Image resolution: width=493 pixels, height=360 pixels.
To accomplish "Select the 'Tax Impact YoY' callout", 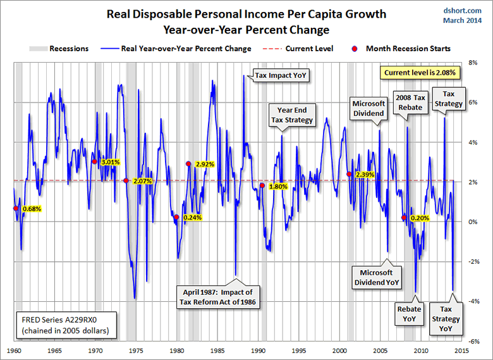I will [x=283, y=75].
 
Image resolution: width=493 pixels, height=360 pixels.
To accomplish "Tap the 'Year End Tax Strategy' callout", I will [x=292, y=115].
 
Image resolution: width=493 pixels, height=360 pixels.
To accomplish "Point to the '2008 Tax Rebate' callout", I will [x=411, y=102].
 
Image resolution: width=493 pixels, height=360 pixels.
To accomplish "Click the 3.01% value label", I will [x=111, y=162].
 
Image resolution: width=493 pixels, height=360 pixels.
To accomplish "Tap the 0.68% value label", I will [x=32, y=209].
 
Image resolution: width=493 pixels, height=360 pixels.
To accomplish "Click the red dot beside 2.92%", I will [x=188, y=164].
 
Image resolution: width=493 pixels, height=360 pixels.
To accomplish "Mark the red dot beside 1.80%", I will [x=262, y=185].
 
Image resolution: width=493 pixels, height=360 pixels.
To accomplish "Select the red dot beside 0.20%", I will [x=403, y=218].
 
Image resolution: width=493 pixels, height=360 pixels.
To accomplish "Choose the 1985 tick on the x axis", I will [x=217, y=350].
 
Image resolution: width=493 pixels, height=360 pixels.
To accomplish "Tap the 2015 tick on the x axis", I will [x=461, y=350].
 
